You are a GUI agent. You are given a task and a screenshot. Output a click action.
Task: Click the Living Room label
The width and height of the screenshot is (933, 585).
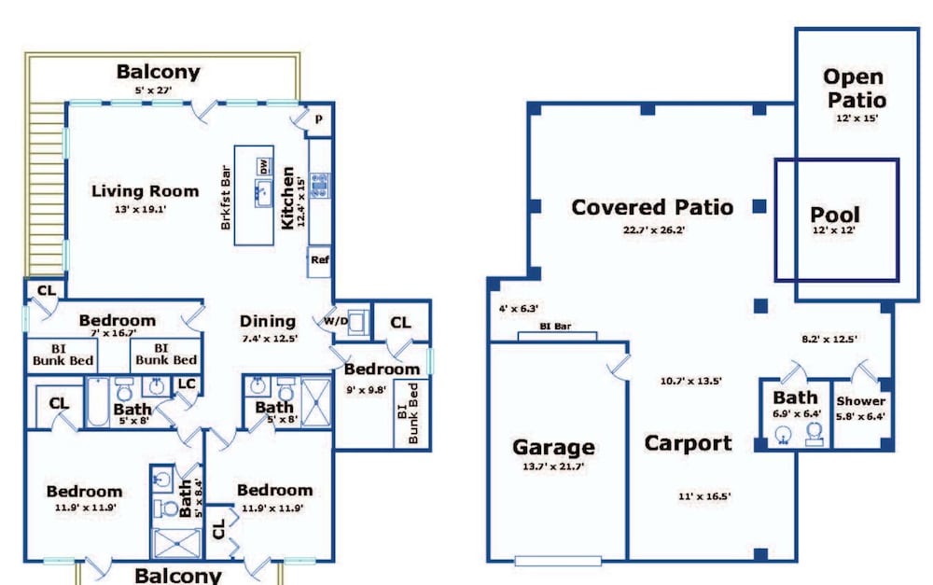(x=145, y=191)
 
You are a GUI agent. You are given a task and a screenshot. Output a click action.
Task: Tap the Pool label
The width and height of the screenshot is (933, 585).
(x=835, y=215)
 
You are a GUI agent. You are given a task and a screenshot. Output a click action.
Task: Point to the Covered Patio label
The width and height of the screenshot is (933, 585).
(x=652, y=207)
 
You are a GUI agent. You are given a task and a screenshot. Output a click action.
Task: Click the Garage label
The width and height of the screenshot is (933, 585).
(x=553, y=447)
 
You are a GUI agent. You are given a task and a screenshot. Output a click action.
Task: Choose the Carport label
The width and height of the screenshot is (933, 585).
(x=688, y=443)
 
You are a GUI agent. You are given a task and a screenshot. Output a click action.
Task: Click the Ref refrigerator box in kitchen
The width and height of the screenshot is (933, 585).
(x=319, y=260)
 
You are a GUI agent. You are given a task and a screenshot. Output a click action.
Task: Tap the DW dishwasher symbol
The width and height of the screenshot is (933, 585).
(x=264, y=166)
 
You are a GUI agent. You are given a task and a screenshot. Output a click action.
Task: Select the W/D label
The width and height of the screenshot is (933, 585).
(x=336, y=321)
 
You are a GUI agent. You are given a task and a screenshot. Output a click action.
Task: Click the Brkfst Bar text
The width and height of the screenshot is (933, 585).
(x=226, y=197)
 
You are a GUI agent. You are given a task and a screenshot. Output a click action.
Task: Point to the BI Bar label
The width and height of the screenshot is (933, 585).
(x=555, y=327)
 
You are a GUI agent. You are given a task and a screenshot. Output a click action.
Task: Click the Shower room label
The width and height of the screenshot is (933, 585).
(x=860, y=401)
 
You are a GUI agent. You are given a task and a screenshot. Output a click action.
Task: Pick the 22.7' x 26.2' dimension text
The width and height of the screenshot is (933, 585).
(x=653, y=230)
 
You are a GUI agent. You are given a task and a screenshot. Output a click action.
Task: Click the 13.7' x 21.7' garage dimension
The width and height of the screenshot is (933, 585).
(x=553, y=467)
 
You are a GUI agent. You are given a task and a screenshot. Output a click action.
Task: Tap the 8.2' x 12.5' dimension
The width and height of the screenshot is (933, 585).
(x=829, y=340)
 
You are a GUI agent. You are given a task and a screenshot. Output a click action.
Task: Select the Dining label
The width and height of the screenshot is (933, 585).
(x=267, y=321)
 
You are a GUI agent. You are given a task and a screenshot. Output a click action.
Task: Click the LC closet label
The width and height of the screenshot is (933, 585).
(x=187, y=383)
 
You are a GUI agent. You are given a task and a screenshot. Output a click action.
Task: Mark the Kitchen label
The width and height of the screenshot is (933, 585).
(x=287, y=198)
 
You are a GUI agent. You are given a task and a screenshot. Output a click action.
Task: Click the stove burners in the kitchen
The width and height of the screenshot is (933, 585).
(x=319, y=186)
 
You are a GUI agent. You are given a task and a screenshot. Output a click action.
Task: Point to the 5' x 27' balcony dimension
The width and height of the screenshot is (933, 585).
(x=153, y=91)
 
